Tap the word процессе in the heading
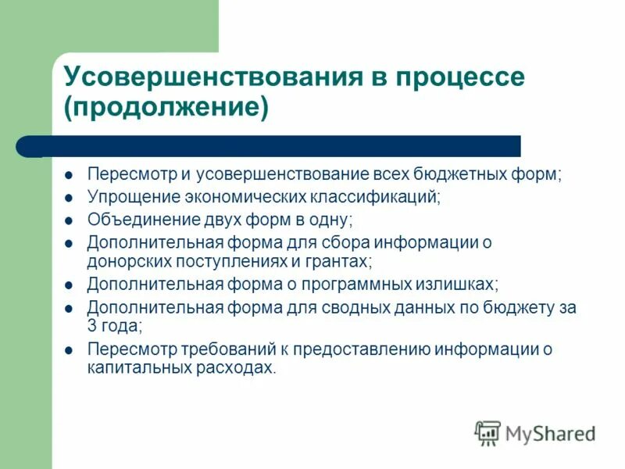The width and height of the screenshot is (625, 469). pyautogui.click(x=460, y=78)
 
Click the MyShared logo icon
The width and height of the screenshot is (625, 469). pyautogui.click(x=487, y=432)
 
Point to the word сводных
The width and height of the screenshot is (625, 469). pyautogui.click(x=372, y=307)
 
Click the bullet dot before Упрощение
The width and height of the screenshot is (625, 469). pyautogui.click(x=69, y=197)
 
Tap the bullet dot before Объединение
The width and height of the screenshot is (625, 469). pyautogui.click(x=69, y=220)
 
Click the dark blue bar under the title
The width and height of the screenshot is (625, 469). pyautogui.click(x=281, y=146)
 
